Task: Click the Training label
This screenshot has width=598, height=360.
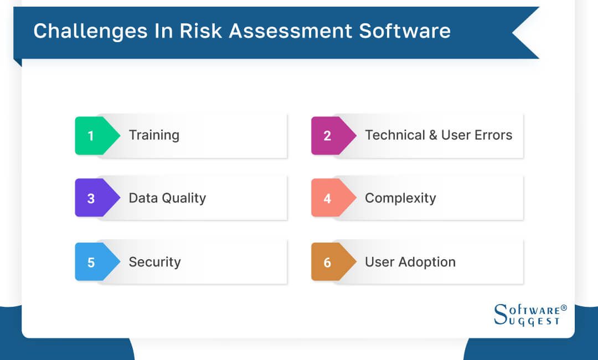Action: [154, 135]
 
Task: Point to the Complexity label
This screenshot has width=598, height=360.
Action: [400, 198]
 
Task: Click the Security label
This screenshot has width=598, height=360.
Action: [154, 262]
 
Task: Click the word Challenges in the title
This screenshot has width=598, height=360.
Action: [88, 31]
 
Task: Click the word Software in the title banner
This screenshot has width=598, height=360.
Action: [405, 31]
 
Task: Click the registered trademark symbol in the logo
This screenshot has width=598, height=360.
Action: [564, 307]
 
